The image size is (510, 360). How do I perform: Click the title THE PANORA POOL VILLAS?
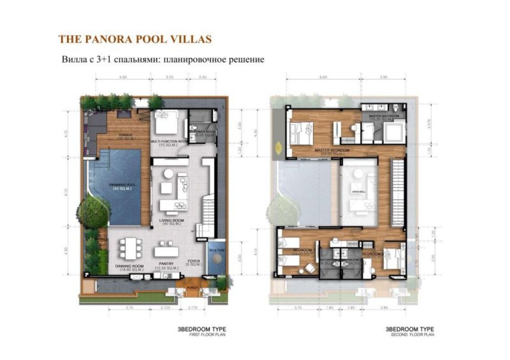pos(135,39)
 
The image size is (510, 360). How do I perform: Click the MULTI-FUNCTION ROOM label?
pos(169,143)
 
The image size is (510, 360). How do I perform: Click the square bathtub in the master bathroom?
pos(395,132)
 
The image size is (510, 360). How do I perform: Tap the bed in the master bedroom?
pos(301,132)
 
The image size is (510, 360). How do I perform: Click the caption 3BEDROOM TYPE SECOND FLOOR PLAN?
pos(410,332)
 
